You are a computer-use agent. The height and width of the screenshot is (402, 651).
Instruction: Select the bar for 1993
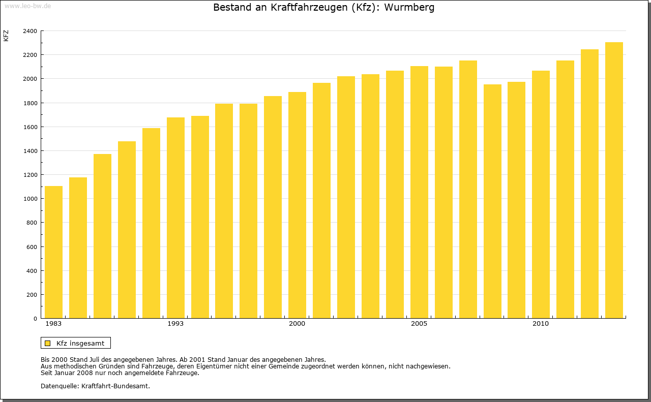(x=175, y=218)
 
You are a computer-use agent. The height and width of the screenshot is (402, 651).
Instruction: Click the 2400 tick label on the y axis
(x=30, y=31)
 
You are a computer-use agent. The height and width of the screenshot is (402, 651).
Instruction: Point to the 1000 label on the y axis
(x=30, y=199)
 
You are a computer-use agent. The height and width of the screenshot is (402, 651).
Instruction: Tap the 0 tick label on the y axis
(x=35, y=319)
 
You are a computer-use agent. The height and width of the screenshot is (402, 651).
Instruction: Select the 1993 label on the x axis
(x=175, y=324)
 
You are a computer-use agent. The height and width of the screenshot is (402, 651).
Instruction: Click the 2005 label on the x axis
(x=419, y=324)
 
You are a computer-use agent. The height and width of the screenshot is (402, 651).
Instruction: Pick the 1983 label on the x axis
(x=53, y=324)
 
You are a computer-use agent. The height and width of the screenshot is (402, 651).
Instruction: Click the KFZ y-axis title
(x=6, y=36)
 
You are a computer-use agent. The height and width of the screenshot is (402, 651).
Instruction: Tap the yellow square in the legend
(x=47, y=343)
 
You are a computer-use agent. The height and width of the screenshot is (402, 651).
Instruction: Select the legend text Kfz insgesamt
(x=80, y=343)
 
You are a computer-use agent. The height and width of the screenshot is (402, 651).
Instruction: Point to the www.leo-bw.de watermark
(x=27, y=5)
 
